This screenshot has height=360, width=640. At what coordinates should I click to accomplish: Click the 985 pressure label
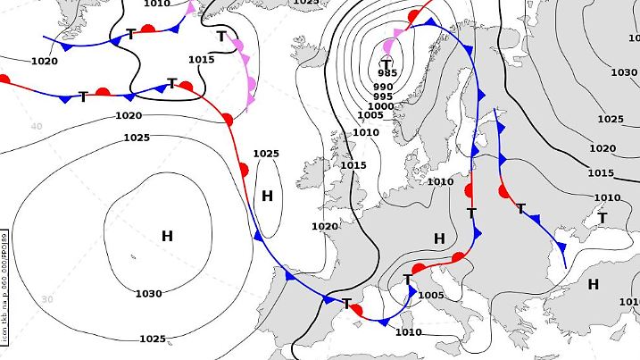387,73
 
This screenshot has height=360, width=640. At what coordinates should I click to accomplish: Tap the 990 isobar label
384,86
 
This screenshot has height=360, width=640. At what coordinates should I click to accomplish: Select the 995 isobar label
383,96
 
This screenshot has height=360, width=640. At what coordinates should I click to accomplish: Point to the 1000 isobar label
381,106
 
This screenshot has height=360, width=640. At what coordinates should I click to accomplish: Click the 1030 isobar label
148,294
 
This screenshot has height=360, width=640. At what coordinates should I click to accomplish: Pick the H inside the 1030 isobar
167,236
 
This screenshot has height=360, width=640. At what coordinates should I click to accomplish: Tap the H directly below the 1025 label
267,196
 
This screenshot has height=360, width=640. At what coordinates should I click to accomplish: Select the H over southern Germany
438,239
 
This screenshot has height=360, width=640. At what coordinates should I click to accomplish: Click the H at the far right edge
593,285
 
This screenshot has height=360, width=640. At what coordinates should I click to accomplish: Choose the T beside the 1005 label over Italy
407,280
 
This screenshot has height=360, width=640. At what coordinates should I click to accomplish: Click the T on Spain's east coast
347,305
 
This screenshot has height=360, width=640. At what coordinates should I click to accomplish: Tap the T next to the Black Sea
602,218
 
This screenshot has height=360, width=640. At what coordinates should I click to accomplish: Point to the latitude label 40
37,126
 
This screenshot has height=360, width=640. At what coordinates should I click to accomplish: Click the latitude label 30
47,299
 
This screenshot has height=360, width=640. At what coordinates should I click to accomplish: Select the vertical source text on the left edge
5,286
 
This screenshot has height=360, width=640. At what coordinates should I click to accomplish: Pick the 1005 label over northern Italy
431,296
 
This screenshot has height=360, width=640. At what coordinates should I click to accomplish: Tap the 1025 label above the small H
266,154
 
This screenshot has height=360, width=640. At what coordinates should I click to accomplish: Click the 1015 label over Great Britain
353,165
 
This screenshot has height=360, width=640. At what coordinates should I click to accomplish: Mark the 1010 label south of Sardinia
408,332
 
